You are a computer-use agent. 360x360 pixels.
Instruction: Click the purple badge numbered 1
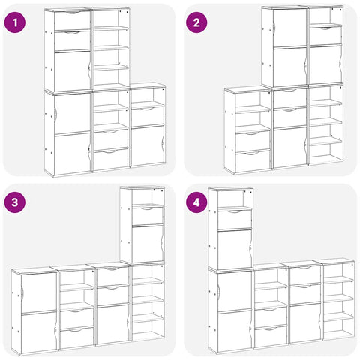pyautogui.click(x=15, y=22)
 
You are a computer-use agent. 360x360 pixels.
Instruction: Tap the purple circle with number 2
pyautogui.click(x=196, y=22)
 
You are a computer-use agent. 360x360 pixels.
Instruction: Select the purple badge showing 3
pyautogui.click(x=15, y=202)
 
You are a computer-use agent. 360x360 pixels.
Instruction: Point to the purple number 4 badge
pyautogui.click(x=196, y=202)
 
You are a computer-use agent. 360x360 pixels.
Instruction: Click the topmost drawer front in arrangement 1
pyautogui.click(x=72, y=20)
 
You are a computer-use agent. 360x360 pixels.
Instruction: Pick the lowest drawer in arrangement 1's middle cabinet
pyautogui.click(x=111, y=160)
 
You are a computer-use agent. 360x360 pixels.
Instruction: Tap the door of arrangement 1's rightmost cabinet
pyautogui.click(x=148, y=145)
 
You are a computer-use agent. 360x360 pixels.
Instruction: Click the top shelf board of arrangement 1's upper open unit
pyautogui.click(x=111, y=28)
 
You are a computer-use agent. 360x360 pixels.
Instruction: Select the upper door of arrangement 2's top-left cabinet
pyautogui.click(x=290, y=28)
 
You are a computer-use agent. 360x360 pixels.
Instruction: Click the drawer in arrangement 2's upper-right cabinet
pyautogui.click(x=325, y=36)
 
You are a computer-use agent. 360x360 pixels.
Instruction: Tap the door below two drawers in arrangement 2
pyautogui.click(x=290, y=148)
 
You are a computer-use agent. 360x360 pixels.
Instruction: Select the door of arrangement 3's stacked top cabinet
pyautogui.click(x=148, y=244)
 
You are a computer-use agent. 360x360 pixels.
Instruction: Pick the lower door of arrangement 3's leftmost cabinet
pyautogui.click(x=39, y=331)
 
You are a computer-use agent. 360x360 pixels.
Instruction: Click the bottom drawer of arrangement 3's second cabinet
pyautogui.click(x=77, y=337)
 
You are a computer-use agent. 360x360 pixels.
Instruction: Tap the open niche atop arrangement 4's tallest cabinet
pyautogui.click(x=235, y=199)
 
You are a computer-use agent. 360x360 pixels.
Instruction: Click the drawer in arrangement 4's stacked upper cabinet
pyautogui.click(x=235, y=220)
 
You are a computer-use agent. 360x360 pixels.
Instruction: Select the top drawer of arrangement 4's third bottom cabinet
pyautogui.click(x=305, y=275)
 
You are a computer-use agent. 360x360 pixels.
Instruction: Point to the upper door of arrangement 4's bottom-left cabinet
pyautogui.click(x=235, y=292)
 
